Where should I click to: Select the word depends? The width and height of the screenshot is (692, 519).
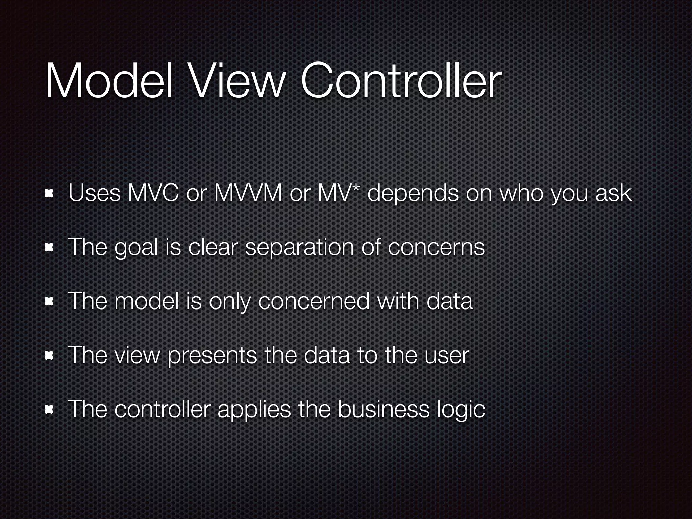[x=413, y=194]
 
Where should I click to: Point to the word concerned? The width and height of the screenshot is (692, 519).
[x=314, y=301]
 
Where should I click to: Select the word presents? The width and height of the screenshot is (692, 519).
[x=212, y=355]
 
